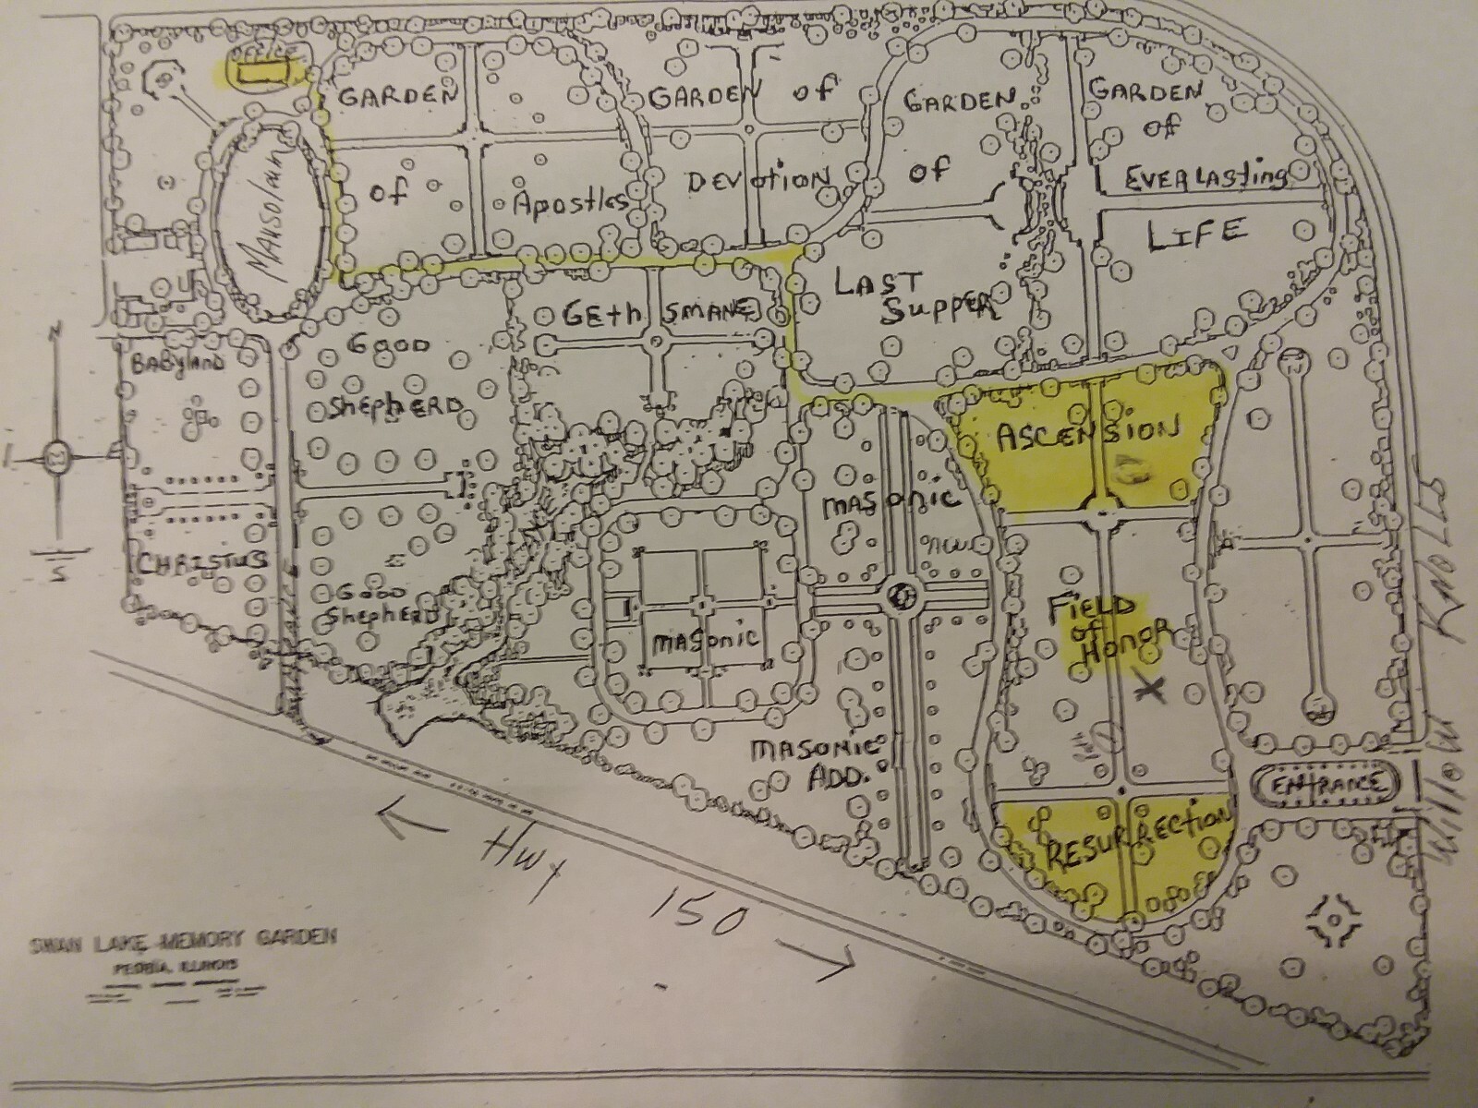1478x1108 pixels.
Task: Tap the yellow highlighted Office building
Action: [259, 70]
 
